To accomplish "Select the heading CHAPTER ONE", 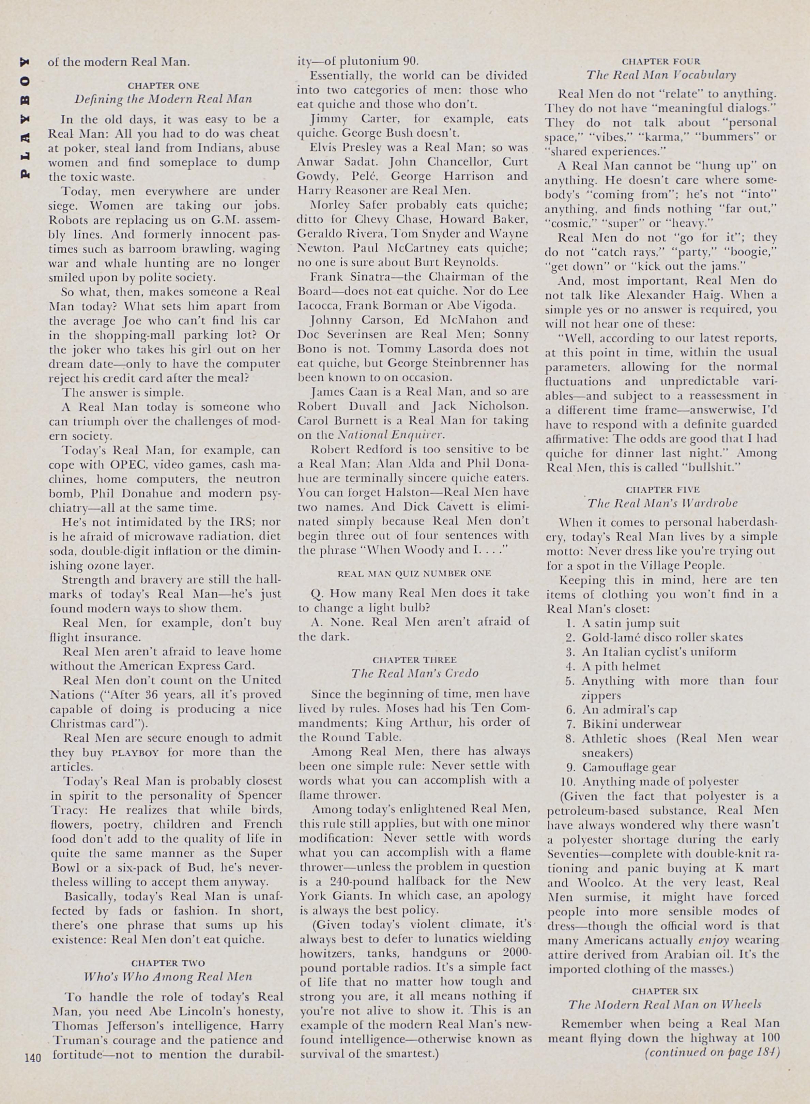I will pos(163,85).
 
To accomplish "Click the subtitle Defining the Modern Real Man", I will pos(163,99).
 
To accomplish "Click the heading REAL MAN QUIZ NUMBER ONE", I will pos(414,573).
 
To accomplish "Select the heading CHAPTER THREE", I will pos(414,660).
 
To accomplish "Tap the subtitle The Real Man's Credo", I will pos(414,674).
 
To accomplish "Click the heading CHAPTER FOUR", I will pos(661,61).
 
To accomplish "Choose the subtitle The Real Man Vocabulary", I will pos(661,75).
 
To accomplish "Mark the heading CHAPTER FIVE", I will pos(662,489).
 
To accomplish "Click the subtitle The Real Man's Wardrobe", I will pos(662,503).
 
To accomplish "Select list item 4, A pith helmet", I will pos(621,666).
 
